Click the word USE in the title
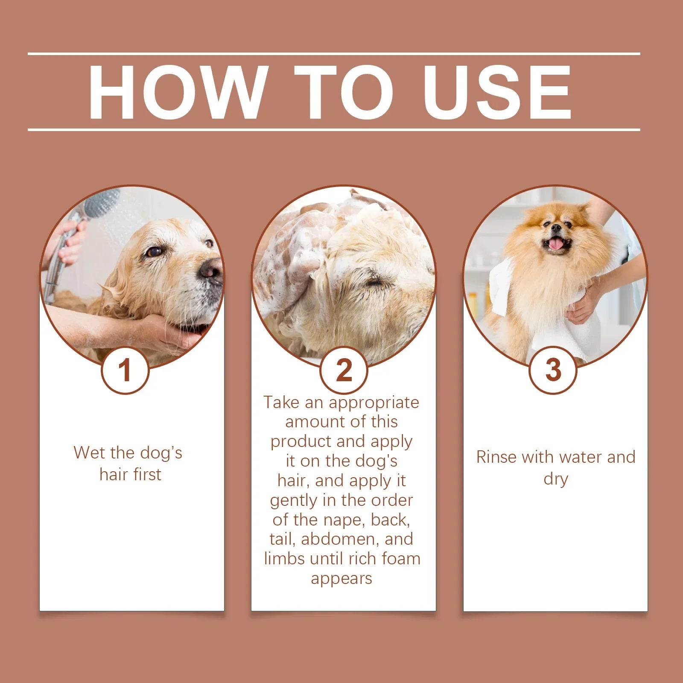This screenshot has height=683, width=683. click(497, 93)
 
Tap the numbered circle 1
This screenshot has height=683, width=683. click(125, 370)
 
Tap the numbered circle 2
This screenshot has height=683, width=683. click(344, 370)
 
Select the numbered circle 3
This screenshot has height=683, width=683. click(553, 370)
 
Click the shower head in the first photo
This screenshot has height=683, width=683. click(102, 203)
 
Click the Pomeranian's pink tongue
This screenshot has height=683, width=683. click(556, 244)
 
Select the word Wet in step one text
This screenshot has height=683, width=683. click(88, 453)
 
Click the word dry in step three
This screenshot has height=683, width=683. click(555, 479)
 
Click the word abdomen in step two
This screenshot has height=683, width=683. click(340, 539)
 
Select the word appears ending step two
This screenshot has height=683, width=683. click(341, 579)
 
